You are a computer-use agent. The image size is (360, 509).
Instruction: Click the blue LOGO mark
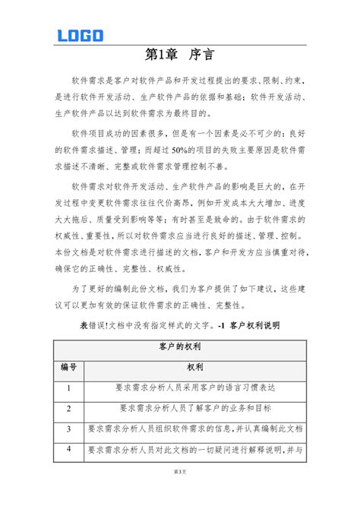point(80,35)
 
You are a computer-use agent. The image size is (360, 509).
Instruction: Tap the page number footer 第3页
point(180,494)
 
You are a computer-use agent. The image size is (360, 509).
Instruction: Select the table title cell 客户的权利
point(180,347)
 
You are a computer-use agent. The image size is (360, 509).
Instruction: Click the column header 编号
point(69,368)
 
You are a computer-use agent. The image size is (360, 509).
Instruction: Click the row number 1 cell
point(69,388)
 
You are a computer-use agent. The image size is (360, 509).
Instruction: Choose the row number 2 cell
point(69,409)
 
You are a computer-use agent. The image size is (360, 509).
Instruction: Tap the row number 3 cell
point(69,429)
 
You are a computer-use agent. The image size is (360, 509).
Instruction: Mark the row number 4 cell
point(69,449)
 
